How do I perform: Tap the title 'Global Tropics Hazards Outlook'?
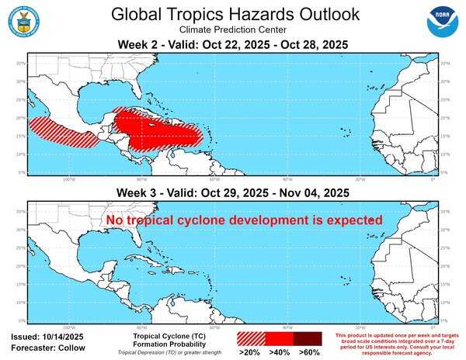point(235,14)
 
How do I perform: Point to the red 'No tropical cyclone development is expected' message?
point(245,221)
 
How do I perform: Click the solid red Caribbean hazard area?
point(155,128)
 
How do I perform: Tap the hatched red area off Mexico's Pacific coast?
point(62,131)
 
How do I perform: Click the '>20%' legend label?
point(251,351)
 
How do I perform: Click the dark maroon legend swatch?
point(308,339)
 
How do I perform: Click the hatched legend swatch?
point(251,339)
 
